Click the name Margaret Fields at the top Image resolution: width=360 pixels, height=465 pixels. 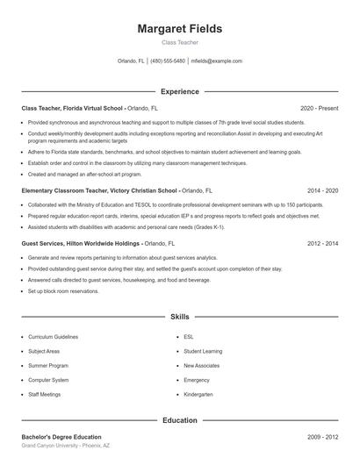[x=180, y=29]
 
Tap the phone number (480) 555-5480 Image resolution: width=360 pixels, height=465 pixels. [x=168, y=61]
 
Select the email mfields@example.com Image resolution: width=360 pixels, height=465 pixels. [x=216, y=61]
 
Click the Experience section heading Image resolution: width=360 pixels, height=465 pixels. [x=180, y=91]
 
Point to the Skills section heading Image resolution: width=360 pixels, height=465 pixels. [x=180, y=316]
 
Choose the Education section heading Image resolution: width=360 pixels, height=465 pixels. [x=180, y=420]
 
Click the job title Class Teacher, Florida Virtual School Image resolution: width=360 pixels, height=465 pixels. [x=72, y=108]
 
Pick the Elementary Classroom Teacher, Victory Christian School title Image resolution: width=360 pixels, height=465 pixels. [x=99, y=190]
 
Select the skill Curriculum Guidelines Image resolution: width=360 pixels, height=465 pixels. [x=53, y=337]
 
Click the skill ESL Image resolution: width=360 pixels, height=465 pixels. [x=188, y=337]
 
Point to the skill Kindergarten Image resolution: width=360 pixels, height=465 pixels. [x=198, y=394]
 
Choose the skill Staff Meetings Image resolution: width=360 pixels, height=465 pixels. [x=45, y=394]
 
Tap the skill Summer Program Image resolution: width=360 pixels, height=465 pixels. [x=47, y=365]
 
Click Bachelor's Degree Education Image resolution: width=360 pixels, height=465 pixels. [x=61, y=437]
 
